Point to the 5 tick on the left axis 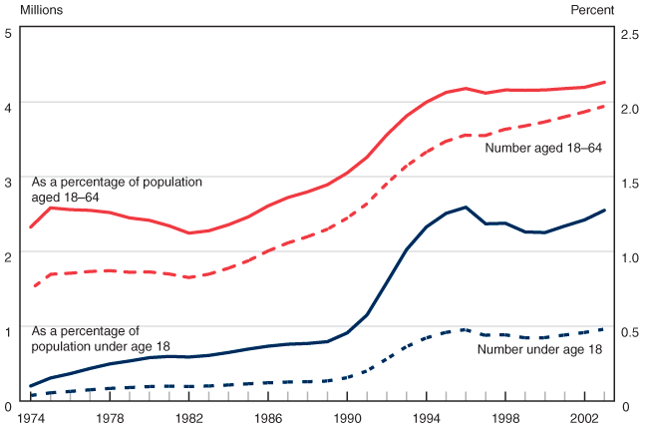tap(8, 33)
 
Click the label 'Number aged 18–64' tap(543, 149)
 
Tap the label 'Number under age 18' tap(540, 349)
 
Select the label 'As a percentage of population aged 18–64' tap(117, 190)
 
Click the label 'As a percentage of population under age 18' tap(100, 337)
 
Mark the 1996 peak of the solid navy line tap(467, 208)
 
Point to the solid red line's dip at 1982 tap(189, 233)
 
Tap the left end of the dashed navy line tap(31, 395)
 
